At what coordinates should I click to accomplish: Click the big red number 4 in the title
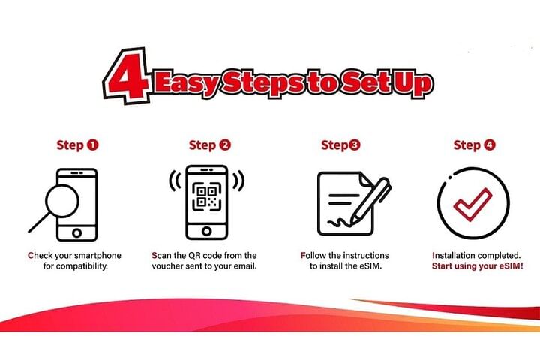coord(127,76)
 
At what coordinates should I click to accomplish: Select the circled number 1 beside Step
coord(93,145)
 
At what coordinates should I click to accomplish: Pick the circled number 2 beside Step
coord(225,145)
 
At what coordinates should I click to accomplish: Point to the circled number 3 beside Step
coord(354,145)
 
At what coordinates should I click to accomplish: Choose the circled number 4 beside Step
coord(489,145)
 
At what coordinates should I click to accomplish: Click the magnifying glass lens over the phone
coord(62,201)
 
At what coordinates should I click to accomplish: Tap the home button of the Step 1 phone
coord(76,233)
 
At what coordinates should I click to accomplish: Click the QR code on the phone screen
coord(207,196)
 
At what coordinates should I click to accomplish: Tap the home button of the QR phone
coord(207,231)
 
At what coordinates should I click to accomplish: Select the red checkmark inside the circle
coord(472,204)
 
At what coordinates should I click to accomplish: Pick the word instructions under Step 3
coord(367,255)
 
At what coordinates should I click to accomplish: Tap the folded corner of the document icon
coord(364,178)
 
